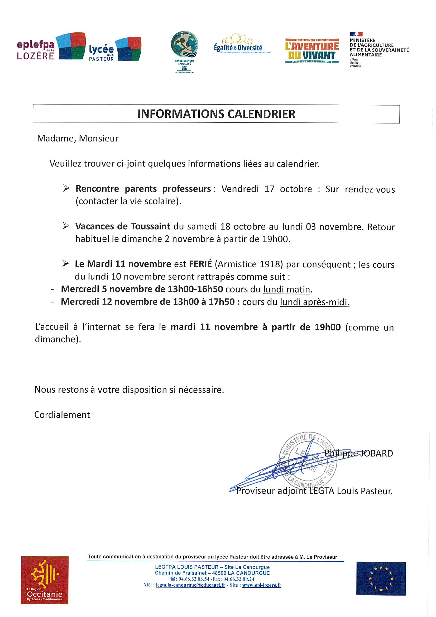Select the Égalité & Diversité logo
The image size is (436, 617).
click(238, 44)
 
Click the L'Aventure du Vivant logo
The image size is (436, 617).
click(312, 51)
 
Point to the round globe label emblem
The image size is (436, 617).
click(185, 44)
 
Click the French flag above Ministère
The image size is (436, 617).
click(356, 34)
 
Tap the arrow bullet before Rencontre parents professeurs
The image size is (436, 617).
click(66, 188)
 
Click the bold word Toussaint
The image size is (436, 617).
click(150, 226)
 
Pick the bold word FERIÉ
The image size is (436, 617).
click(200, 264)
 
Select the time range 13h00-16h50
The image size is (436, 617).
click(195, 289)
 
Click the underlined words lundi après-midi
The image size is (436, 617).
click(314, 302)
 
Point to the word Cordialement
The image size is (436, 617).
click(62, 415)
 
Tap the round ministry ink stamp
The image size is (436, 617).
click(308, 460)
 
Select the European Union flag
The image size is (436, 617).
click(381, 578)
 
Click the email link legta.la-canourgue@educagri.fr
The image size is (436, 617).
click(190, 585)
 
